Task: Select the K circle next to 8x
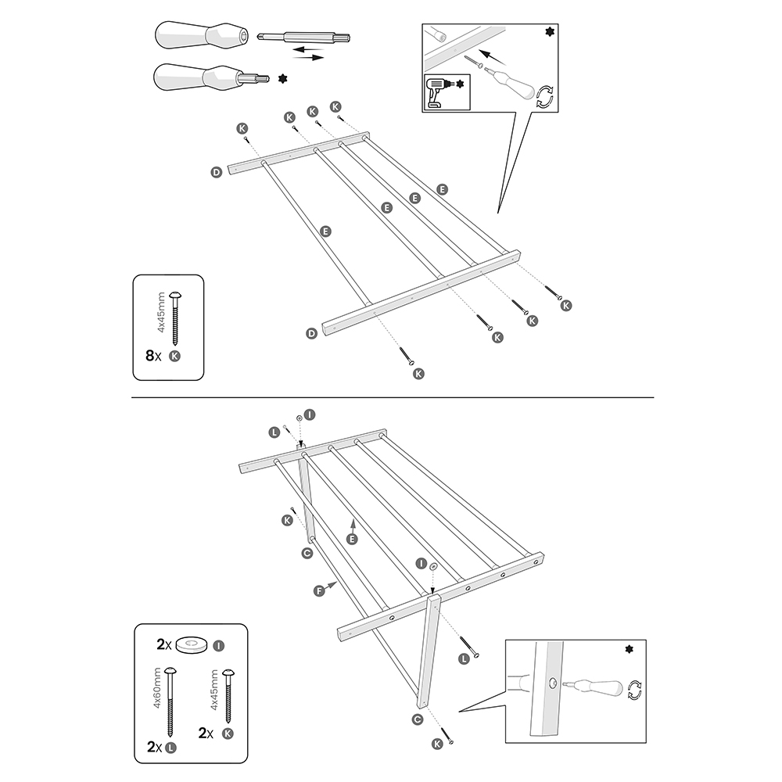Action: click(174, 355)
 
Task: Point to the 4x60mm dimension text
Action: click(157, 689)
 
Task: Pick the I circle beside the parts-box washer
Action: click(219, 645)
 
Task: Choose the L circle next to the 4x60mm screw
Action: click(171, 748)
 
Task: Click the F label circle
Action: click(319, 591)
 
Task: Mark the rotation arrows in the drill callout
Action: click(545, 95)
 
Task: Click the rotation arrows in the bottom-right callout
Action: click(635, 689)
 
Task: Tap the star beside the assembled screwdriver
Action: click(282, 79)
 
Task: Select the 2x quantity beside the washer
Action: click(163, 645)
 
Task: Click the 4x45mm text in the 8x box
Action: click(162, 313)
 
